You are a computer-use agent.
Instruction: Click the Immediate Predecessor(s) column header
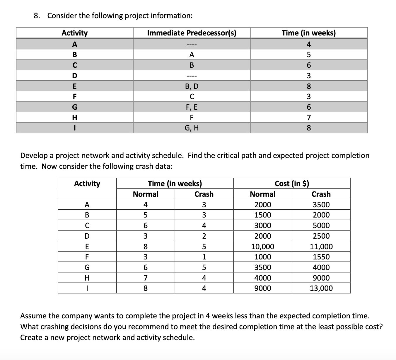(192, 33)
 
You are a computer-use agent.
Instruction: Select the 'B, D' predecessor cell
(192, 86)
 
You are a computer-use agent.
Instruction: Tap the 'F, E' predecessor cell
(192, 107)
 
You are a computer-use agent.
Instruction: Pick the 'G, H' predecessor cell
(192, 128)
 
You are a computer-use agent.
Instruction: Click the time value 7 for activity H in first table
(308, 118)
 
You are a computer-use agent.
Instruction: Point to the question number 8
(37, 16)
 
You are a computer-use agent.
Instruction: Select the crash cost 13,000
(321, 288)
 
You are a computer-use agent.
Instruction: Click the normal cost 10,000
(262, 247)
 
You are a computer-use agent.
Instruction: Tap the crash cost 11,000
(321, 247)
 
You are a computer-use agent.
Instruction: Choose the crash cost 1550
(321, 257)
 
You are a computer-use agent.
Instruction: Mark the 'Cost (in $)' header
(292, 184)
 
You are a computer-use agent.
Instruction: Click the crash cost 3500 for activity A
(321, 205)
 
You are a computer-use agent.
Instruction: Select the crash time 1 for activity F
(204, 257)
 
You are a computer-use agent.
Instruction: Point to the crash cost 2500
(321, 236)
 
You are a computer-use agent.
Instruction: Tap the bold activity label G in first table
(74, 107)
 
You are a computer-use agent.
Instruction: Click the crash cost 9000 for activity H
(321, 278)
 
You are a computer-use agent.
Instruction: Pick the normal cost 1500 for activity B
(262, 215)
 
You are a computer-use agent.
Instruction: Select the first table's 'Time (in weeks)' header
(308, 33)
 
